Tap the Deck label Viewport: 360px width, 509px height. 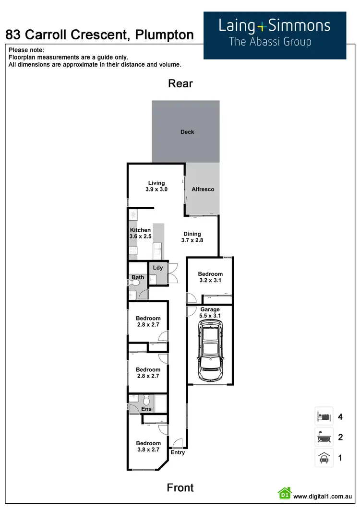(187, 132)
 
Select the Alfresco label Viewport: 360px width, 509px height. (203, 189)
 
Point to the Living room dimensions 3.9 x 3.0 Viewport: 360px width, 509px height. (156, 189)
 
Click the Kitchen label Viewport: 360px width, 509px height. (140, 230)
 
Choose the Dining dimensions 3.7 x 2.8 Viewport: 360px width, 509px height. (192, 240)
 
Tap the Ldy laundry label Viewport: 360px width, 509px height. (158, 268)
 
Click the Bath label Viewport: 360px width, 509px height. (138, 277)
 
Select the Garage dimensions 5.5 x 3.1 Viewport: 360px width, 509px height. (210, 316)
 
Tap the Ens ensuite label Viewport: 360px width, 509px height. (146, 409)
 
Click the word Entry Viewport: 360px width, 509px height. (178, 452)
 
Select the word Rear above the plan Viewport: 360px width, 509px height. (180, 83)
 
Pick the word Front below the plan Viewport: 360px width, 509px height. (180, 488)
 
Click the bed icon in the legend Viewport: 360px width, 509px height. (324, 416)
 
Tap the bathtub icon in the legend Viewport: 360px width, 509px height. (324, 437)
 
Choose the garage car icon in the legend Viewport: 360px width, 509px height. (324, 458)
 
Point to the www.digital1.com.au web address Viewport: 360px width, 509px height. (323, 497)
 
